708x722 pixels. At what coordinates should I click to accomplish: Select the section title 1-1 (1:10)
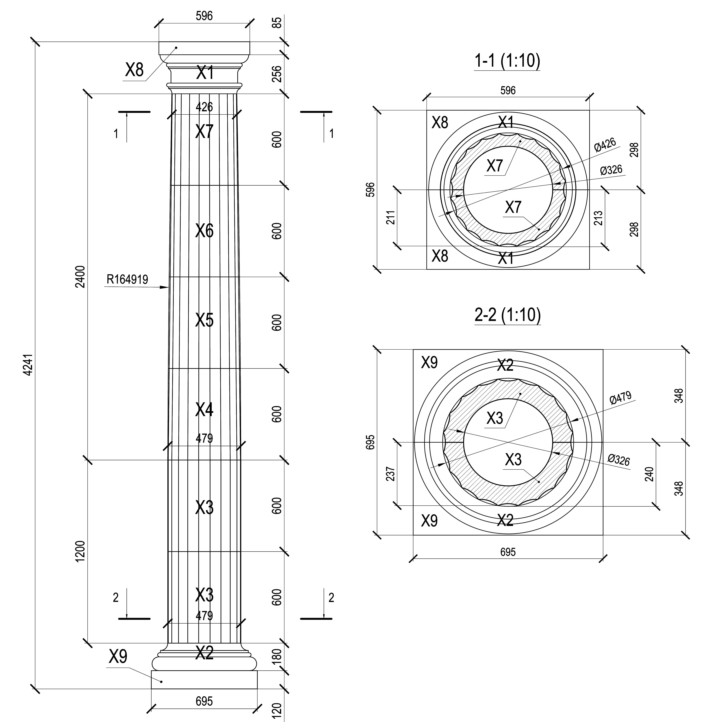pyautogui.click(x=507, y=61)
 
